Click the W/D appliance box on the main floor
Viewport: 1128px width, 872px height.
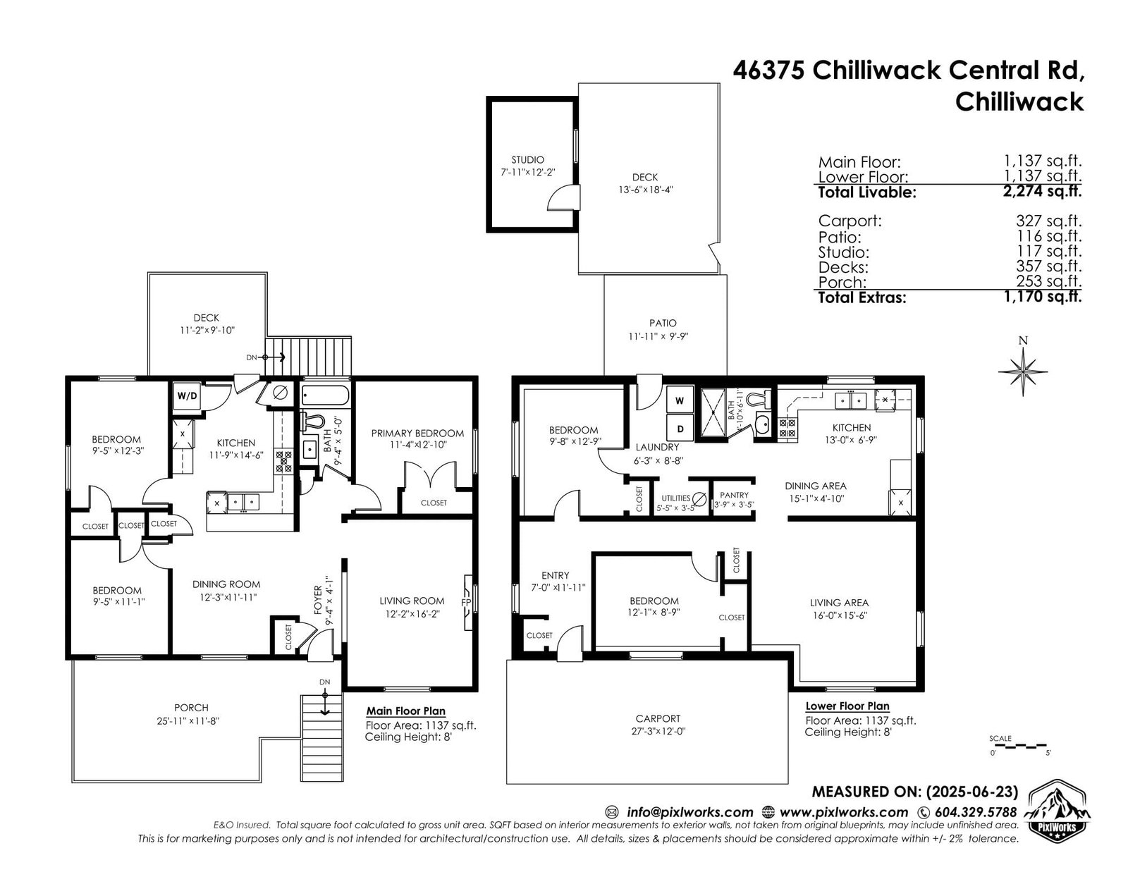click(187, 396)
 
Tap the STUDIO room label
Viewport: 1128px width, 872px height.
click(527, 160)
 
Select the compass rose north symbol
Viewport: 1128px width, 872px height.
click(1023, 371)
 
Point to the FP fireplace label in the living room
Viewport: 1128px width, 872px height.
click(465, 603)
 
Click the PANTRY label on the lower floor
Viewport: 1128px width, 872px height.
click(734, 495)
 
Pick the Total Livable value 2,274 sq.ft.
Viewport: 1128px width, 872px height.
click(1043, 191)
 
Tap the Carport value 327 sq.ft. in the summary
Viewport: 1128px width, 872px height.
click(1048, 221)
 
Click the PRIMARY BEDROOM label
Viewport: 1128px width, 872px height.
click(417, 433)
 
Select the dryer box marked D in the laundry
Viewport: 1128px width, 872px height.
click(680, 429)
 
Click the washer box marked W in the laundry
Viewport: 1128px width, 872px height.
click(680, 400)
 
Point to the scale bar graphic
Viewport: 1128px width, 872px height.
click(1019, 746)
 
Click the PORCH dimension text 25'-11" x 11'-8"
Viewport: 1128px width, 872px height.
click(188, 721)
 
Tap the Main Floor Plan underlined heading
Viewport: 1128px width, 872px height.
click(406, 711)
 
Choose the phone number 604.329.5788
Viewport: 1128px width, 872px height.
click(976, 812)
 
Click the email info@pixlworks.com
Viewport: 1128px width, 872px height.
click(690, 812)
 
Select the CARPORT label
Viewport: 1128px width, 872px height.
click(658, 718)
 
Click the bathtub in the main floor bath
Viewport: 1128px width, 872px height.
click(326, 395)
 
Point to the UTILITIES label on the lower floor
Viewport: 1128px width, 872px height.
click(675, 498)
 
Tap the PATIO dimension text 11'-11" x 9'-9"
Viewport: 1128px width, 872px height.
click(658, 336)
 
